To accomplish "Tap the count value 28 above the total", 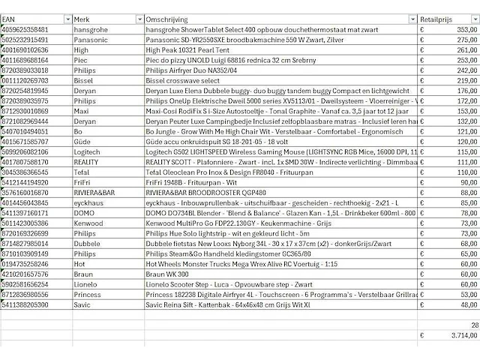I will click(x=473, y=325).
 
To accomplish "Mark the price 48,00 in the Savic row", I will click(x=466, y=306).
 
